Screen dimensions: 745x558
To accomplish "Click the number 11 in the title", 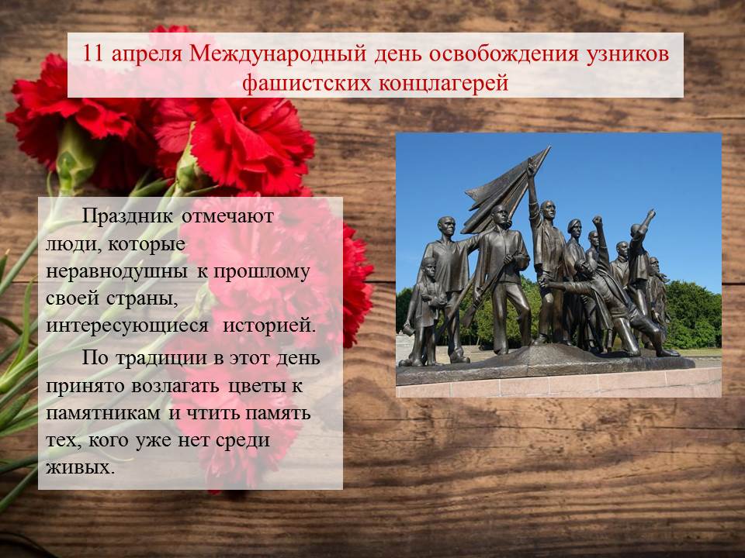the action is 92,53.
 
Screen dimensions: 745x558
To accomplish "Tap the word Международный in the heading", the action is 278,54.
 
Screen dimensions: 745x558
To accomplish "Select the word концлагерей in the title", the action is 444,84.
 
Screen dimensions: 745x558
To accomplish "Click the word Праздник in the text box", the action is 127,216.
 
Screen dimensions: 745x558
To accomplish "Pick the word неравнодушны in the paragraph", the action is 116,272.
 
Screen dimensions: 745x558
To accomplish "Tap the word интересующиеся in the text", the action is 127,326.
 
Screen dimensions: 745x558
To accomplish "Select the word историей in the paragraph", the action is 269,326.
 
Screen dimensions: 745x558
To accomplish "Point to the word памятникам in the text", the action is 103,413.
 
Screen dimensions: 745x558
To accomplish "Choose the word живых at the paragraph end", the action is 80,468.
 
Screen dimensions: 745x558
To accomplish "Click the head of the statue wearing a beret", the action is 574,228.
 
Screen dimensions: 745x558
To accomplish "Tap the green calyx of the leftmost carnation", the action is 74,157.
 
